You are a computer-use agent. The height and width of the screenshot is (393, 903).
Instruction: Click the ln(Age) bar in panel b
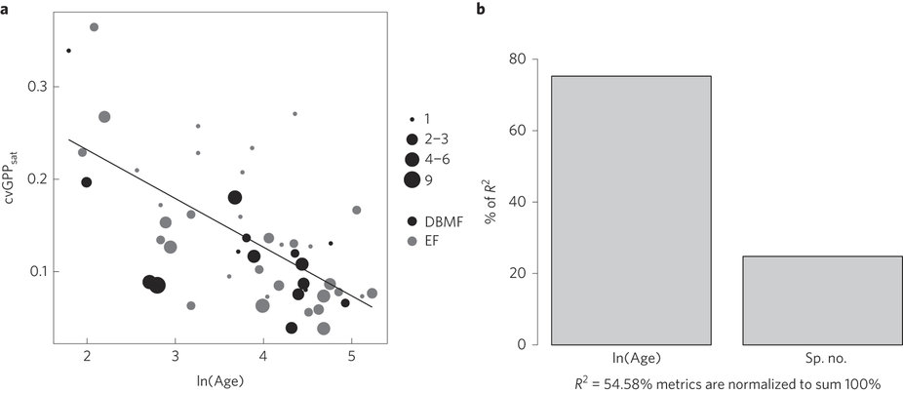coord(631,210)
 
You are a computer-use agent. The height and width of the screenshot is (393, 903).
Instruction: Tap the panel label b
coord(480,9)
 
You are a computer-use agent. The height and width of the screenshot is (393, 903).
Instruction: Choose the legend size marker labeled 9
coord(413,178)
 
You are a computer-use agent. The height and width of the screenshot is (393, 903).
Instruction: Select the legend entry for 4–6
coord(413,159)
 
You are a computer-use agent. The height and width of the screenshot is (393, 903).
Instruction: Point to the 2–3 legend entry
coord(413,138)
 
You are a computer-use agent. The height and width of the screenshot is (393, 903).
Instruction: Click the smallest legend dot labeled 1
coord(413,119)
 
